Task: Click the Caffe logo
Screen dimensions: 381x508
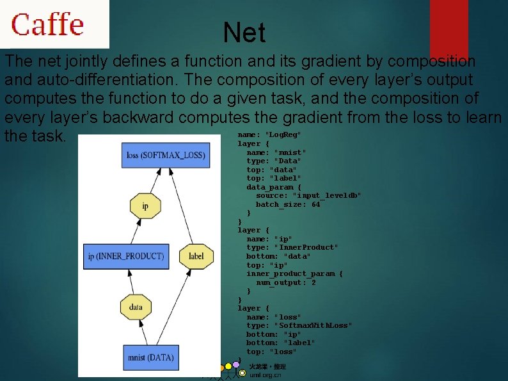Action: tap(47, 24)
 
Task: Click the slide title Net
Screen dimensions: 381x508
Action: tap(244, 33)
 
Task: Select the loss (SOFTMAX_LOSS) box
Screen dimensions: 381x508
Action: tap(166, 156)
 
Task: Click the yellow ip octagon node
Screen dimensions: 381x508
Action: tap(145, 206)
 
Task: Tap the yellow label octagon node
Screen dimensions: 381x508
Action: tap(196, 256)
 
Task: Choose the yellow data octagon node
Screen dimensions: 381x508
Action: tap(136, 307)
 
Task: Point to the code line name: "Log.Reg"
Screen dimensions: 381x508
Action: tap(269, 134)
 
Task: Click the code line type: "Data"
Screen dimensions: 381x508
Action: tap(274, 161)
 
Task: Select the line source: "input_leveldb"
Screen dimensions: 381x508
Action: tap(308, 195)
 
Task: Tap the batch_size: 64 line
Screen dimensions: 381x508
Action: tap(288, 204)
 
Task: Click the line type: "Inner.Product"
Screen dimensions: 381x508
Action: tap(292, 247)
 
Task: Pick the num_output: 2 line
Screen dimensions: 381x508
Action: tap(286, 282)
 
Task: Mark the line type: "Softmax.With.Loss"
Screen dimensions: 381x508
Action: tap(299, 325)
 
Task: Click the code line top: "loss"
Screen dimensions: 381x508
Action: tap(271, 352)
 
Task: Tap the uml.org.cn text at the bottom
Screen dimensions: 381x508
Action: tap(265, 375)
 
